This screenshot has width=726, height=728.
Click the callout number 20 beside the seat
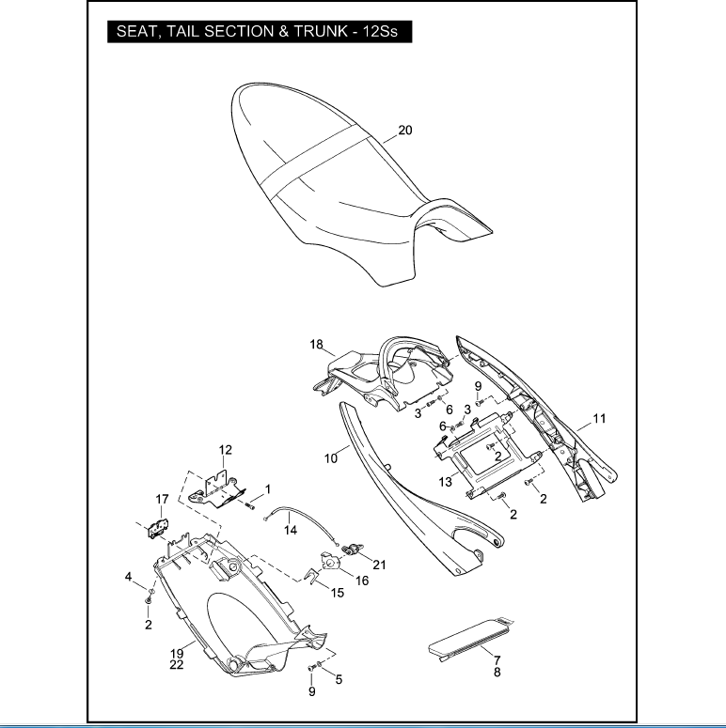pos(404,131)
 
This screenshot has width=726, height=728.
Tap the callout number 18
pos(317,345)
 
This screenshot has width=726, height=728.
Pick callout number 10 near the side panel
pos(331,458)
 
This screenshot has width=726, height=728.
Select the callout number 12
pos(226,450)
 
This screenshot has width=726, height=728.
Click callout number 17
pos(162,499)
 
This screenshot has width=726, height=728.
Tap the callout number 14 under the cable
pos(291,531)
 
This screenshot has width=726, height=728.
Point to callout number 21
pos(379,564)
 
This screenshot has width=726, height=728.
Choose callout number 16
pos(361,581)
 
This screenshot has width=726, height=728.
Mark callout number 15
pos(337,593)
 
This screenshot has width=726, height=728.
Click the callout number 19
pos(176,653)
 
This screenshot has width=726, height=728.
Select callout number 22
pos(176,665)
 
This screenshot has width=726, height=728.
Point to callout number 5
pos(339,678)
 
